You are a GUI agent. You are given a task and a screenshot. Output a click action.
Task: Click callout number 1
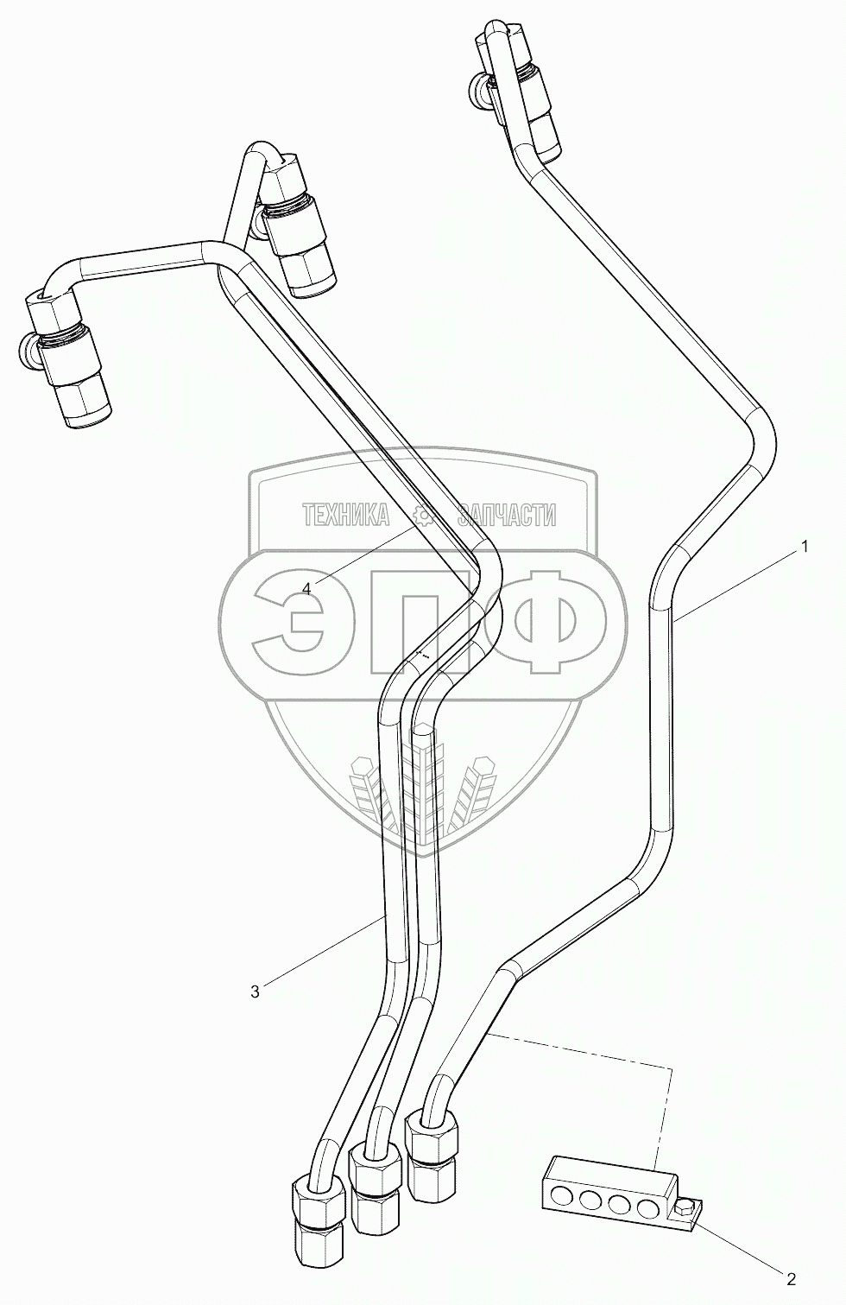[804, 546]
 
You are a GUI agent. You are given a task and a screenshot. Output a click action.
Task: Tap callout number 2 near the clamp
[790, 1278]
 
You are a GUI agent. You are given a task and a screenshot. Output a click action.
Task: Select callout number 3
[255, 992]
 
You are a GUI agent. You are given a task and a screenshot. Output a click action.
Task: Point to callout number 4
[308, 587]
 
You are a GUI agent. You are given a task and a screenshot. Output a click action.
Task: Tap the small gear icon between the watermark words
[423, 516]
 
